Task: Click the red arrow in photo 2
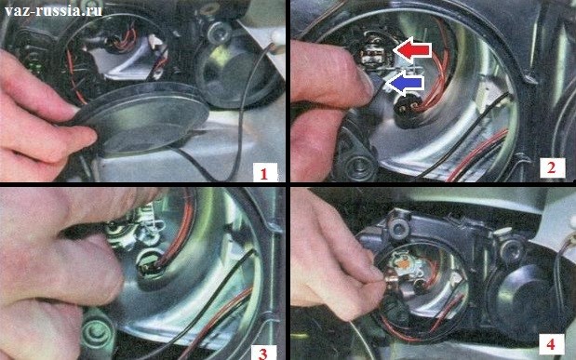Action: [x=412, y=50]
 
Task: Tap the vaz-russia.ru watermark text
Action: [x=53, y=10]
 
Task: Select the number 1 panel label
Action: [x=264, y=173]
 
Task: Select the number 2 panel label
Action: [x=551, y=167]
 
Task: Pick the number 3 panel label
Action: [x=262, y=353]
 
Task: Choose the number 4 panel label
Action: [x=551, y=344]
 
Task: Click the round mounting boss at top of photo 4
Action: [x=398, y=228]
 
